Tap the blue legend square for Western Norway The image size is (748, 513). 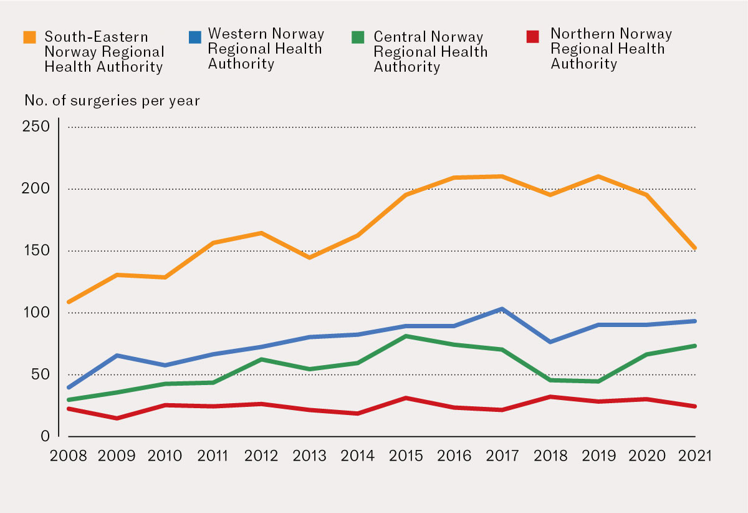[x=194, y=37]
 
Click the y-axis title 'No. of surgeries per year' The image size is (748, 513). [x=112, y=100]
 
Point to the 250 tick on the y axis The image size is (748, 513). [x=36, y=127]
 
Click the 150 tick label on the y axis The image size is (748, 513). [x=36, y=251]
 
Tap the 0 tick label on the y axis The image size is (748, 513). [x=45, y=436]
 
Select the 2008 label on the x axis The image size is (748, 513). [x=68, y=456]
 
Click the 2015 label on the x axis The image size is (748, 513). [x=405, y=456]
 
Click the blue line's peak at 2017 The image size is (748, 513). [x=502, y=309]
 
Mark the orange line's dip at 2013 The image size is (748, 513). [x=309, y=257]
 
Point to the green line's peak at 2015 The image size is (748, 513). [x=406, y=336]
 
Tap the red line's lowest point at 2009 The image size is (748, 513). [x=117, y=418]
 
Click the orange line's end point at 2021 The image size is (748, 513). [x=694, y=248]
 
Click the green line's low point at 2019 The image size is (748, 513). [x=598, y=381]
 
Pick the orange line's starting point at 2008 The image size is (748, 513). [x=69, y=302]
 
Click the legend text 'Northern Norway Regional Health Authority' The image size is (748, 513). [x=611, y=49]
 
